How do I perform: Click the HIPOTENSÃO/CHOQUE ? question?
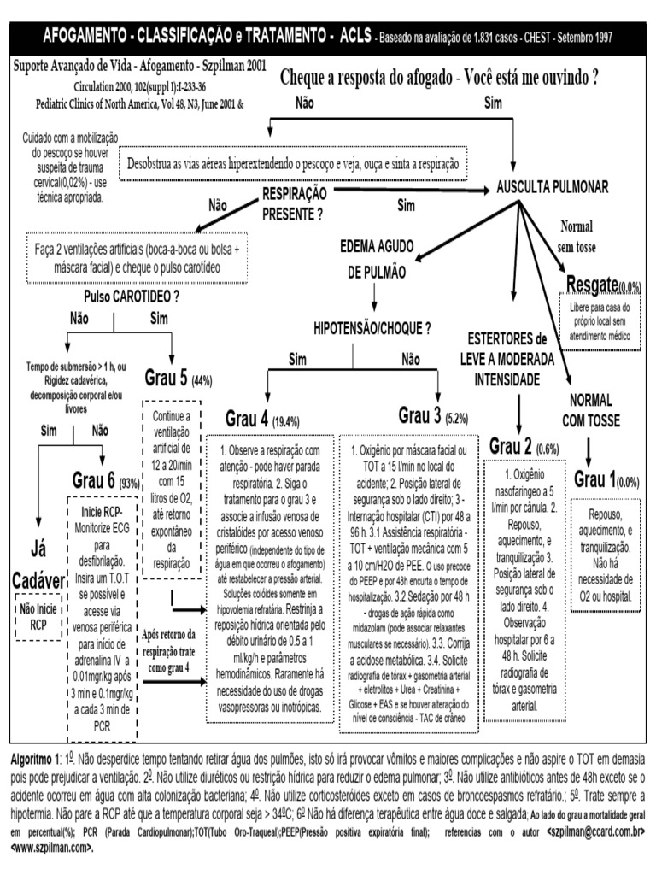point(372,328)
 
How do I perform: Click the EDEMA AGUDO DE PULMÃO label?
point(373,259)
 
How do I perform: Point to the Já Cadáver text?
point(38,564)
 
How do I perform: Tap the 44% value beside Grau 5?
point(202,380)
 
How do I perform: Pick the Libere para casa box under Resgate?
point(600,322)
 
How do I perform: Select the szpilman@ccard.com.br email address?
point(591,830)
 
